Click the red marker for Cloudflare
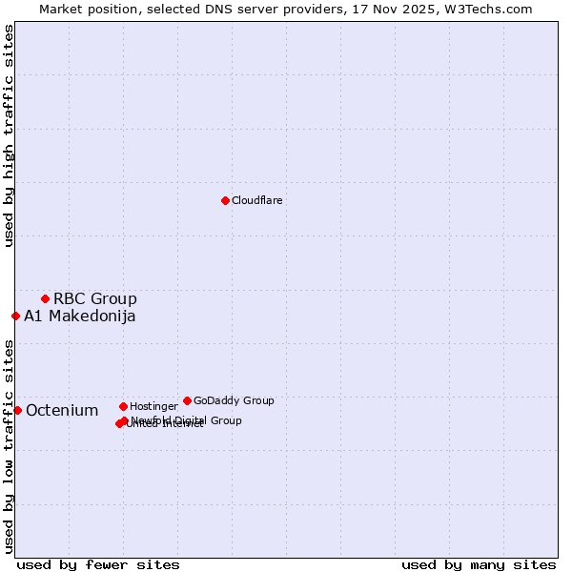pyautogui.click(x=225, y=200)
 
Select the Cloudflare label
pyautogui.click(x=257, y=200)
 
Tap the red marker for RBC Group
pyautogui.click(x=45, y=298)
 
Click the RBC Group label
pyautogui.click(x=95, y=298)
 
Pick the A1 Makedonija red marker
pyautogui.click(x=15, y=316)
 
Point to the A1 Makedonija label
pyautogui.click(x=80, y=317)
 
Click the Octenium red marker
pyautogui.click(x=17, y=410)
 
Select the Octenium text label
pyautogui.click(x=62, y=411)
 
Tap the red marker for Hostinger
pyautogui.click(x=123, y=406)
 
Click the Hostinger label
pyautogui.click(x=153, y=407)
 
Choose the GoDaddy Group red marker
pyautogui.click(x=187, y=400)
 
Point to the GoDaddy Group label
pyautogui.click(x=234, y=400)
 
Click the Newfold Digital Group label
pyautogui.click(x=187, y=419)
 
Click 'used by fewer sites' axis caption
pyautogui.click(x=98, y=564)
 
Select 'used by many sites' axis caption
pyautogui.click(x=479, y=564)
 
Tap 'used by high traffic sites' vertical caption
pyautogui.click(x=9, y=136)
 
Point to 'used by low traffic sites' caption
pyautogui.click(x=9, y=446)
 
